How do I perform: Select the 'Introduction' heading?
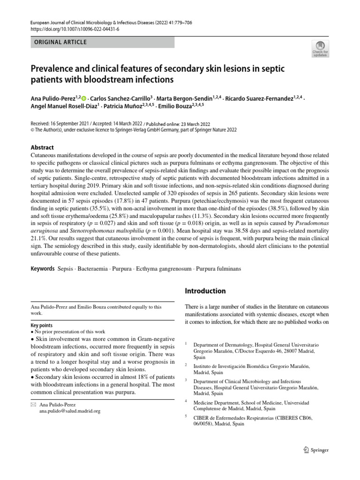point(206,291)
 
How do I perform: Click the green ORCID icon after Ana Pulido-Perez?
point(84,99)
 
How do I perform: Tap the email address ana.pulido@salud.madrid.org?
point(69,411)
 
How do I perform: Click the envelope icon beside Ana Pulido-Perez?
point(33,404)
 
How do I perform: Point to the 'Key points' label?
point(41,325)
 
